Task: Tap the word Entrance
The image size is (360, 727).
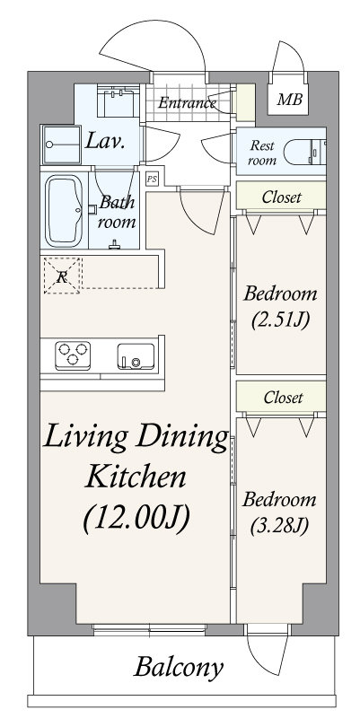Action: [187, 102]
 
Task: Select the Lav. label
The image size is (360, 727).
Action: [104, 141]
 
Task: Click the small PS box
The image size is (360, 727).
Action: [152, 179]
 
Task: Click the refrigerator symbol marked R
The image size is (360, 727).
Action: [61, 276]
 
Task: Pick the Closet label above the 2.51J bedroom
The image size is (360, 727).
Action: [281, 197]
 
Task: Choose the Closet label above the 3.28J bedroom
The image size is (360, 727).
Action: [282, 397]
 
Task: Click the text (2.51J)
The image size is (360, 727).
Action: [281, 319]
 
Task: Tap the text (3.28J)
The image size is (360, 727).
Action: [281, 525]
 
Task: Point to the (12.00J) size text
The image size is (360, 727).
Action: [136, 519]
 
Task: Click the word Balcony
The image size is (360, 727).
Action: [179, 667]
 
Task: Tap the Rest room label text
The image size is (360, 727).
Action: [262, 152]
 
